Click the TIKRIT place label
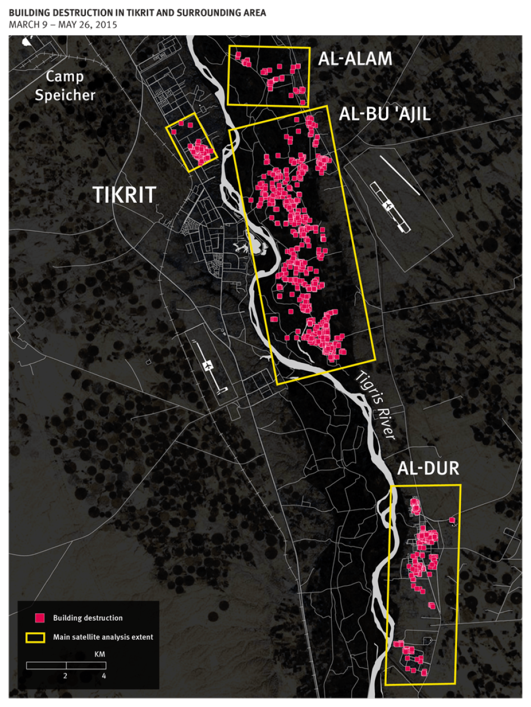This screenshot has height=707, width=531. point(124,195)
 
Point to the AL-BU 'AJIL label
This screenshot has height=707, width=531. point(384,114)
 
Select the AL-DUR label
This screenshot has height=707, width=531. point(428,469)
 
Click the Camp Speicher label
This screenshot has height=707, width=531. point(65,86)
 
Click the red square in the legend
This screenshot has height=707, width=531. point(39,618)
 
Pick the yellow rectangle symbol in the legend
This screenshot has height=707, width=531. point(35,637)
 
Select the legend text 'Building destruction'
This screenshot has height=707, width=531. point(88,618)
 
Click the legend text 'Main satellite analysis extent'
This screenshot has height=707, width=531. point(103,637)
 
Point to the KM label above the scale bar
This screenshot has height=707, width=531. point(99,654)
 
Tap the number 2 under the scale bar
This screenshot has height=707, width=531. point(65,676)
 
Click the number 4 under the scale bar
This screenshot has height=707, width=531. point(104,676)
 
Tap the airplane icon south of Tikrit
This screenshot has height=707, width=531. point(209,366)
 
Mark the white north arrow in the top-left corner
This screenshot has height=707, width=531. point(26,41)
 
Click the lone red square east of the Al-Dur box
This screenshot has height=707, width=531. point(452,520)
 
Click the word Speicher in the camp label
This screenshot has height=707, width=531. point(65,95)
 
